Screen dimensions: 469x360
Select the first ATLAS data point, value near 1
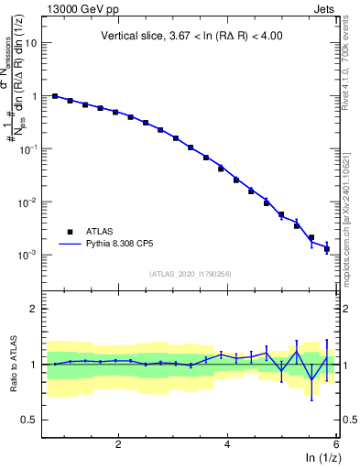(x=55, y=96)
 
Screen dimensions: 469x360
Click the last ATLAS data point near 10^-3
(x=327, y=249)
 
